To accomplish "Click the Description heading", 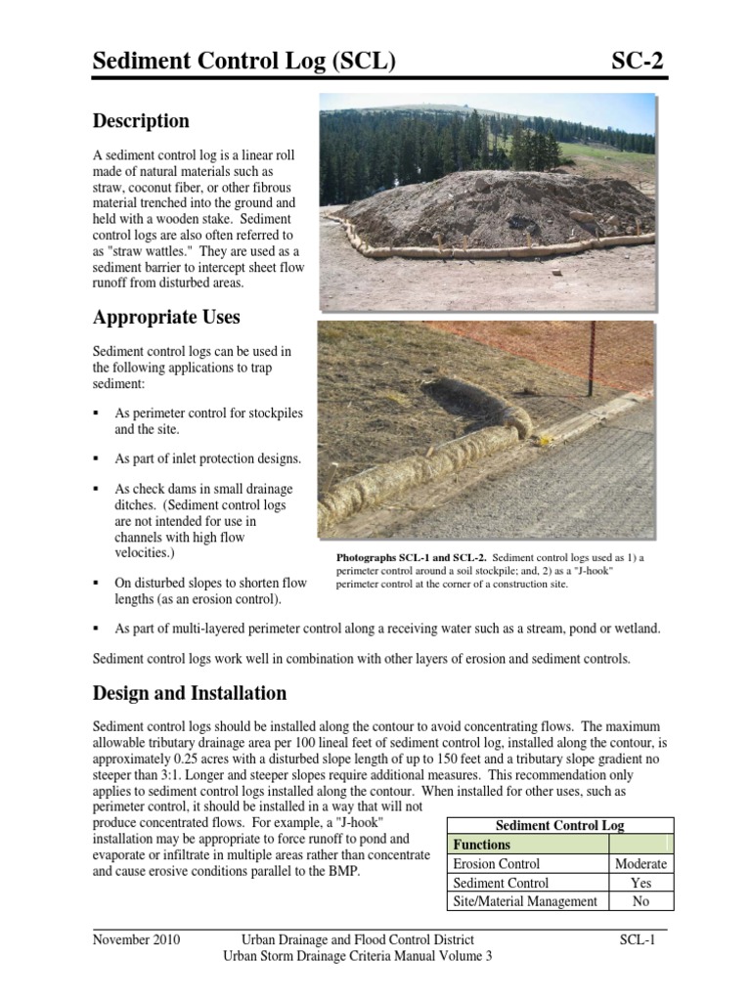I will pos(141,121).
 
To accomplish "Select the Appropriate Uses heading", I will pos(166,318).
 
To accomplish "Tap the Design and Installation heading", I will pos(189,693).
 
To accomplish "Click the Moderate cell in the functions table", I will pos(641,863).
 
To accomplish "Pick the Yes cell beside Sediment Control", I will pos(641,883).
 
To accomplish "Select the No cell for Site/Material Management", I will pos(641,901).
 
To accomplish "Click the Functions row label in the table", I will pos(481,845).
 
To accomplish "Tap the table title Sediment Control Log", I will pos(559,825).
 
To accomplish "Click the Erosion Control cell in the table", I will pos(497,863).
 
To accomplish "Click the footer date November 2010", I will pos(137,939).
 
